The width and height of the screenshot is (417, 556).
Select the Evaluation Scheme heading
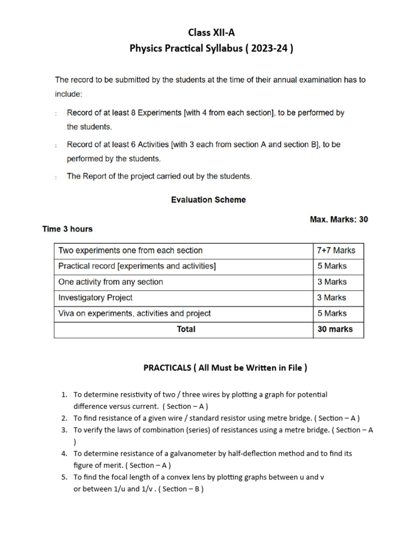point(208,200)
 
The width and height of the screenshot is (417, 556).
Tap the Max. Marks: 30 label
point(339,219)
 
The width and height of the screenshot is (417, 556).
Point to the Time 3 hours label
point(67,229)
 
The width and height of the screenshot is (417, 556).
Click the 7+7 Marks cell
point(336,250)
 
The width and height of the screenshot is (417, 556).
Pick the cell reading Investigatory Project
point(95,298)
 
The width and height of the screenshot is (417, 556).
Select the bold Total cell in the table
point(186,329)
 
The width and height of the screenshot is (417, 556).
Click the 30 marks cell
point(334,329)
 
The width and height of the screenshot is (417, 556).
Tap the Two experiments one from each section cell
point(130,250)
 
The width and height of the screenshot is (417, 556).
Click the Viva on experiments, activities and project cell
point(134,313)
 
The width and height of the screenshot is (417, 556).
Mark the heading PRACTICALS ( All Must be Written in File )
point(225,368)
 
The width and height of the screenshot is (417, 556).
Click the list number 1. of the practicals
point(64,395)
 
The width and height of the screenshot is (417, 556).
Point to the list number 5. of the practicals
point(64,477)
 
